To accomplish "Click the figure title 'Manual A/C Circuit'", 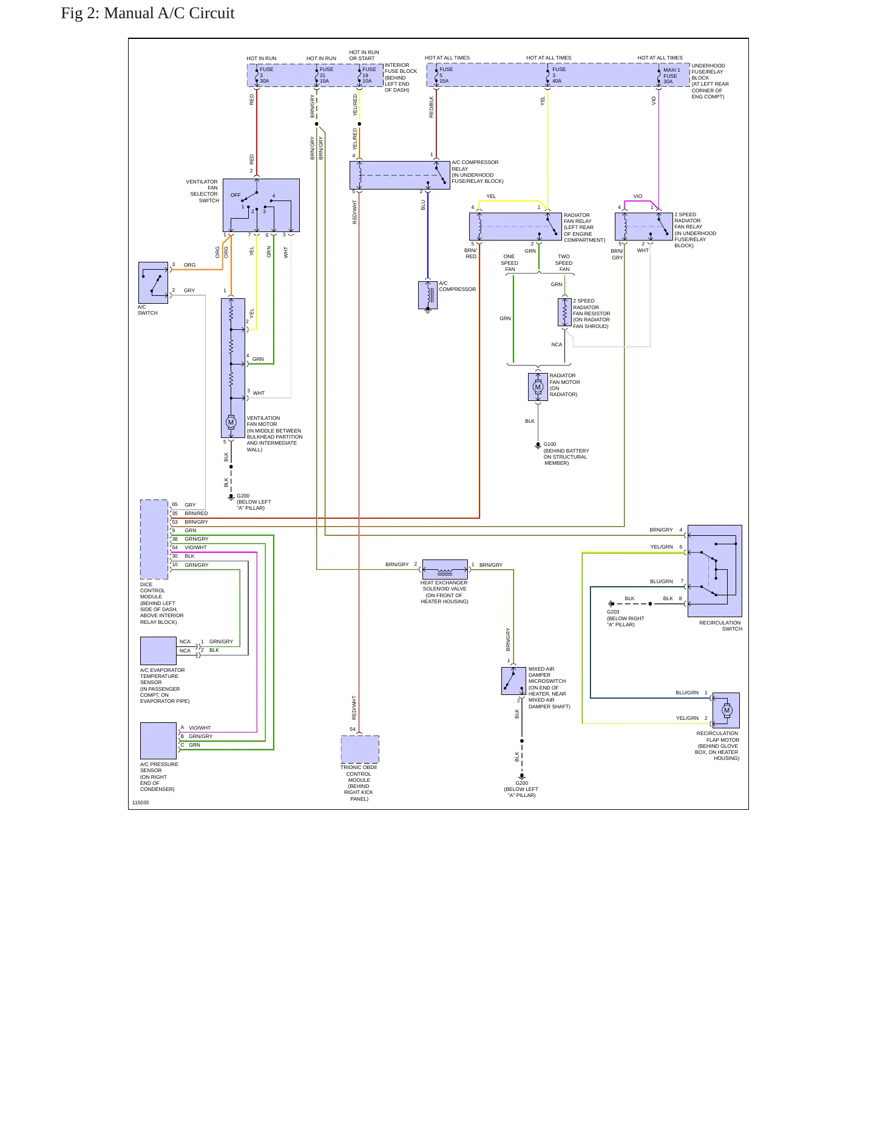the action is pos(169,13).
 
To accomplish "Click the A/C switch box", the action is pos(154,282).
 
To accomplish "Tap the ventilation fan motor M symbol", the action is pos(231,422).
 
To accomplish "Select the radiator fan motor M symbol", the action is pos(538,387).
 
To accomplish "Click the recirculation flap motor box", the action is pos(726,710).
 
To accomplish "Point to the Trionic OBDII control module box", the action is pos(360,749).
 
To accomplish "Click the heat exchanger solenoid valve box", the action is pos(445,569).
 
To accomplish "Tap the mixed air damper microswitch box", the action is pos(513,681).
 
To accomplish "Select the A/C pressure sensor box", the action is pos(158,741).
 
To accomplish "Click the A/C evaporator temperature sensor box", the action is pos(158,651).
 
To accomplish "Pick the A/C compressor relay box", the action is pos(400,175).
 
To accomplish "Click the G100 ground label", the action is pos(550,444).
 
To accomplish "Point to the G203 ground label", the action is pos(613,612).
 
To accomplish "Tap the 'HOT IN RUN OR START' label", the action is pos(364,55).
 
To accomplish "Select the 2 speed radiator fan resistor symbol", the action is pos(564,312).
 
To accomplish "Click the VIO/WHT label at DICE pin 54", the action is pos(196,547).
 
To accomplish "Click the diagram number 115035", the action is pos(140,802).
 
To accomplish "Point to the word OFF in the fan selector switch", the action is pos(235,195).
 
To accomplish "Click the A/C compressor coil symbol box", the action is pos(428,295).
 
